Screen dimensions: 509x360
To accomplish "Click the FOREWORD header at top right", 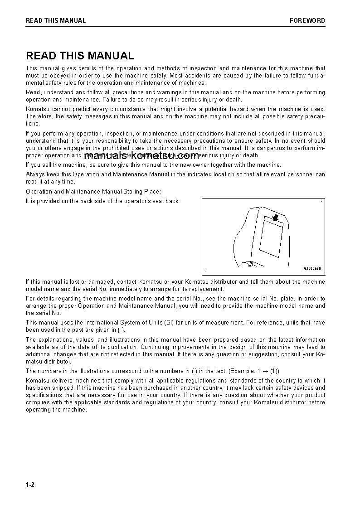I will pyautogui.click(x=307, y=20).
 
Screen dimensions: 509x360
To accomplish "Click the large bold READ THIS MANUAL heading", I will pyautogui.click(x=80, y=56).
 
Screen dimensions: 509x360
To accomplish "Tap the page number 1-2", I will pyautogui.click(x=30, y=485).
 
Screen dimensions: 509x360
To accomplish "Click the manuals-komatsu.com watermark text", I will pyautogui.click(x=141, y=155).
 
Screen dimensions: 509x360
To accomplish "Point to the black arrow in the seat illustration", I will pyautogui.click(x=274, y=218).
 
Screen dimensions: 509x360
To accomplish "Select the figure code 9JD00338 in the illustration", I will pyautogui.click(x=312, y=268).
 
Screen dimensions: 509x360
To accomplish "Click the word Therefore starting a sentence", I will pyautogui.click(x=39, y=116).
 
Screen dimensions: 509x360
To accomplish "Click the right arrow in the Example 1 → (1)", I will pyautogui.click(x=265, y=371).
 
